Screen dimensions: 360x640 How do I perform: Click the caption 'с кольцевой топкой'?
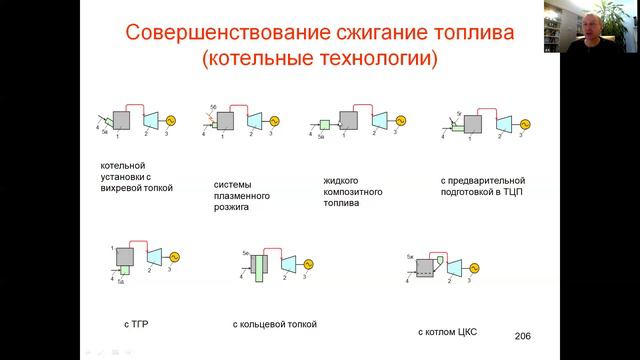[x=275, y=324]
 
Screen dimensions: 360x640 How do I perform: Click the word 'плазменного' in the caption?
[x=242, y=196]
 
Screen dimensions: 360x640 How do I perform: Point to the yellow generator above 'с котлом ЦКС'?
[x=474, y=266]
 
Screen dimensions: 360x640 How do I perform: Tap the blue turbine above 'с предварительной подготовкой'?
[x=503, y=123]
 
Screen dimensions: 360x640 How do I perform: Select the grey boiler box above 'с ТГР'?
[x=125, y=255]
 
